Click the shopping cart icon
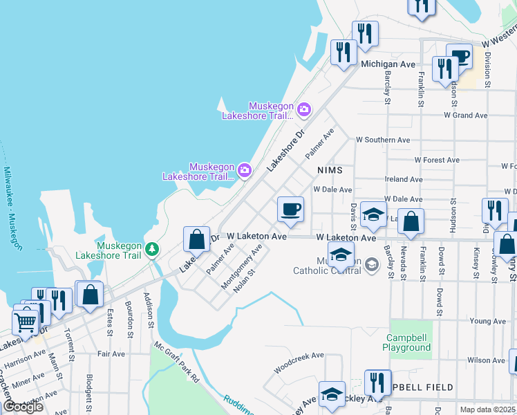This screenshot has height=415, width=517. coord(26,322)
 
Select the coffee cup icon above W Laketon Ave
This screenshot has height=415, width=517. coord(290,208)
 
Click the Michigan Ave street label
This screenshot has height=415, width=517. coord(388,64)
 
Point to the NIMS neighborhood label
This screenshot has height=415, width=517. coord(330,169)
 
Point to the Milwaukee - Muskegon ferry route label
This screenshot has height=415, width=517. coord(12,208)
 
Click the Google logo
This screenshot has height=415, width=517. coord(23,406)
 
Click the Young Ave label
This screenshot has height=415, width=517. coord(487,322)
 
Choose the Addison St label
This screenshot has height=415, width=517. coord(147,308)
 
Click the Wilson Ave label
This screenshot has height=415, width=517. coord(486,360)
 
